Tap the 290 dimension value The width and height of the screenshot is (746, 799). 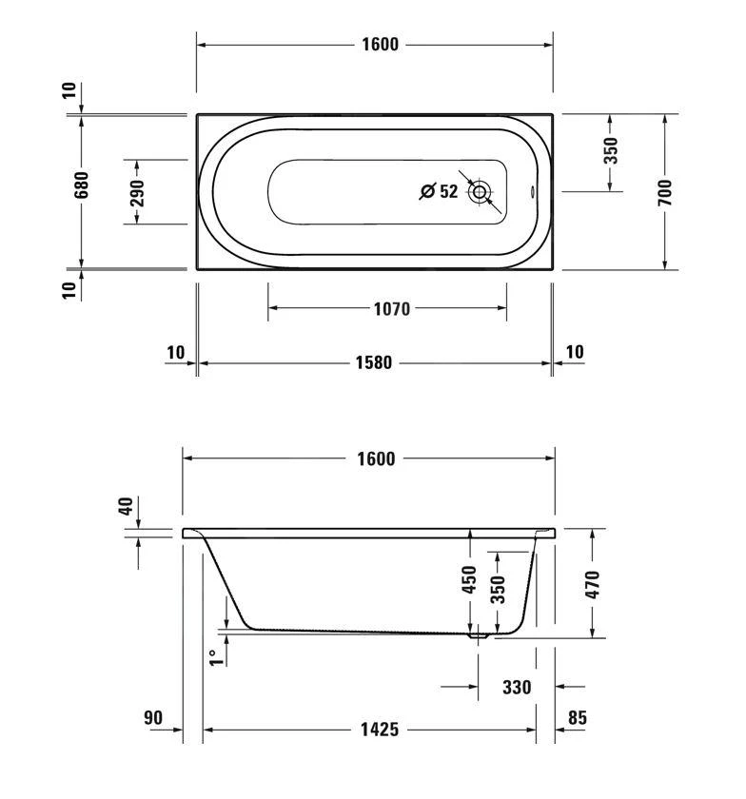[x=137, y=192]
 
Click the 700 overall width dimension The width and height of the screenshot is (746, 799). [x=665, y=192]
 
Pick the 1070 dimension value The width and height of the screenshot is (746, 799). [x=390, y=308]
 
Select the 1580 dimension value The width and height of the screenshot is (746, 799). [x=375, y=363]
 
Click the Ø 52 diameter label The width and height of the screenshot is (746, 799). [x=440, y=191]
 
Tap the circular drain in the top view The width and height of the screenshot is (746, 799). [x=480, y=192]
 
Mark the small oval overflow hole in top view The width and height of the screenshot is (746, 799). [x=531, y=192]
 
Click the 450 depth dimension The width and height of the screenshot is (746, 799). [x=468, y=580]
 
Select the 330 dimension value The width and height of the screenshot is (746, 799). [x=516, y=687]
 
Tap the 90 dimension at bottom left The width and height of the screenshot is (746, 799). [x=153, y=718]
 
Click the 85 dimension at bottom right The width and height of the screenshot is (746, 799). [x=576, y=718]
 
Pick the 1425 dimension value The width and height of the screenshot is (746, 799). [x=379, y=730]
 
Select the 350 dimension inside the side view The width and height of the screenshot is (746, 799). [x=497, y=590]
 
